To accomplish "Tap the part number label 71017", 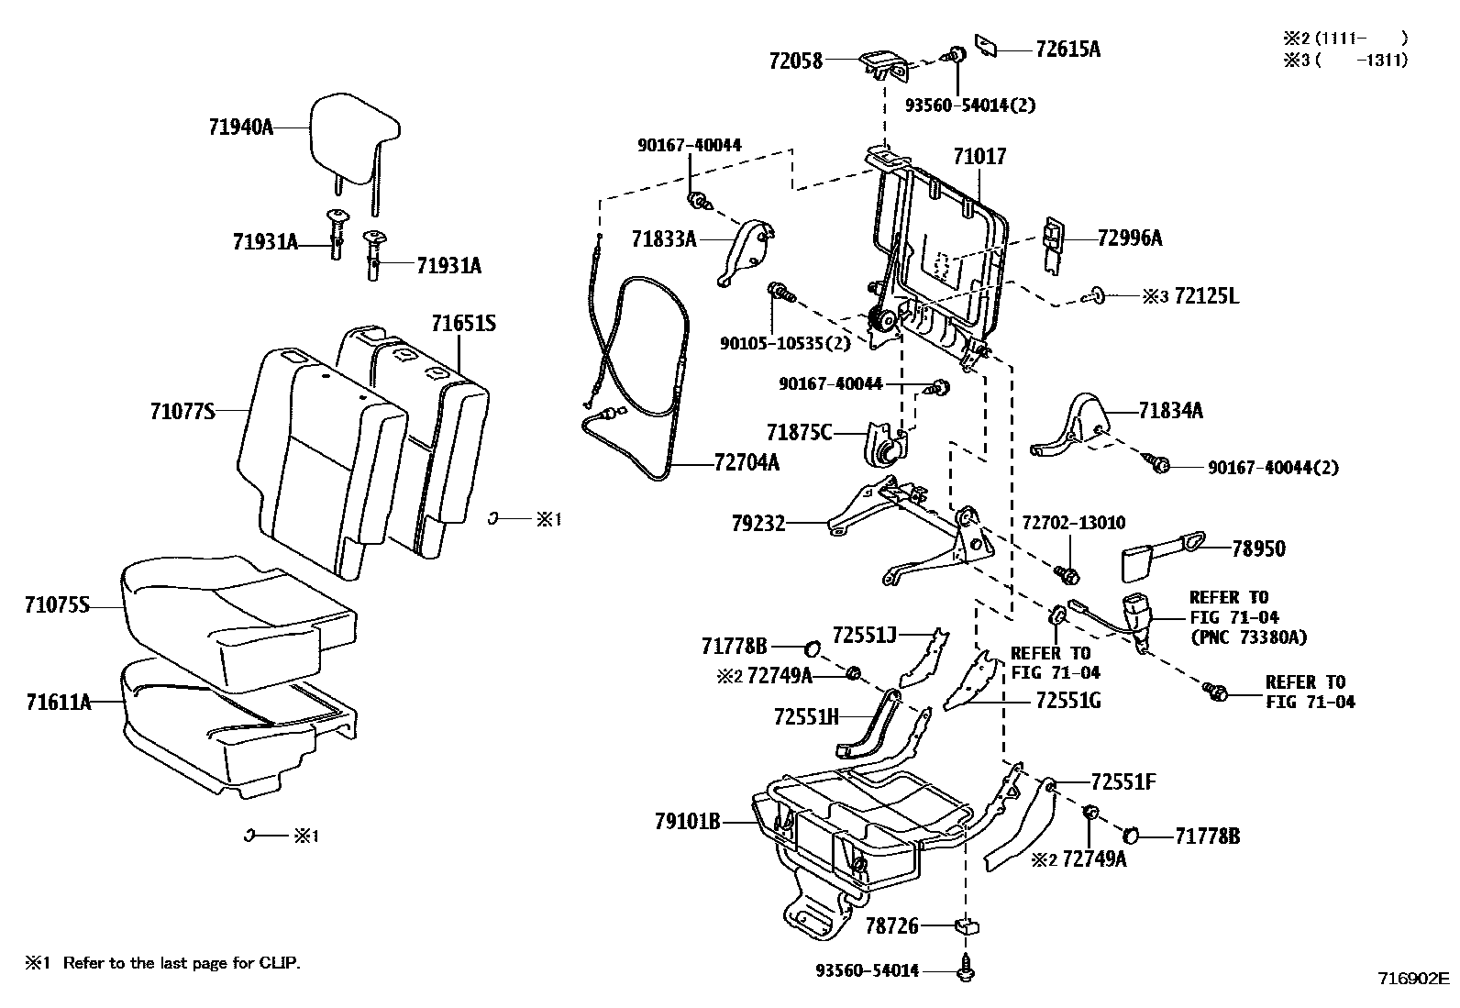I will pos(979,157).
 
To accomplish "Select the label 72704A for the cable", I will pos(747,463).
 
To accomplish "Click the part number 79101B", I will pos(687,821).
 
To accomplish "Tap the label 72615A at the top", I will pos(1067,50).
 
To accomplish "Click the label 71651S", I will pos(464,324).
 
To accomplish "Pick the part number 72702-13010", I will pos(1074,523).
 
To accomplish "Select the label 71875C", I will pos(800,432).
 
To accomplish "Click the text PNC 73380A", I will pos(1248,637).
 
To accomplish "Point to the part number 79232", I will pos(758,524).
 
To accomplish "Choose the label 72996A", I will pos(1129,238).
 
